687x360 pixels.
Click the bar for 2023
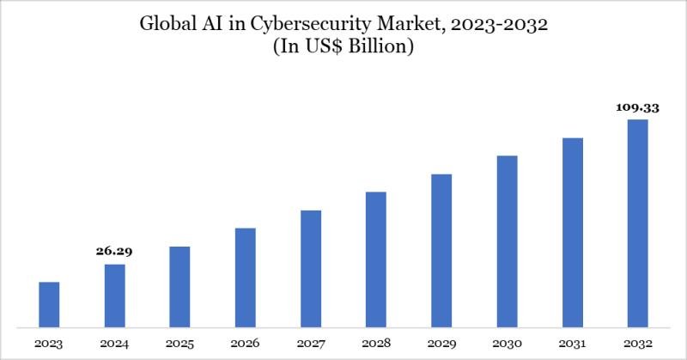coord(49,304)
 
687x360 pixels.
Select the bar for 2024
coord(115,296)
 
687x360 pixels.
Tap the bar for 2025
coord(180,286)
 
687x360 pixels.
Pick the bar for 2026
coord(246,278)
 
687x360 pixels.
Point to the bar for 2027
coord(311,268)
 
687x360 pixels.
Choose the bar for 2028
coord(376,259)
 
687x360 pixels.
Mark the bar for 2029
coord(441,250)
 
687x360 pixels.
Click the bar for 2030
coord(507,241)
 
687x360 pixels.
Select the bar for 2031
coord(573,232)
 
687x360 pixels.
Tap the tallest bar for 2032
coord(638,223)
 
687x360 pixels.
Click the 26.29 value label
coord(114,252)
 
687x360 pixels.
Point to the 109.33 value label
coord(637,108)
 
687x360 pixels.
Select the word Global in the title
coord(167,25)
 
